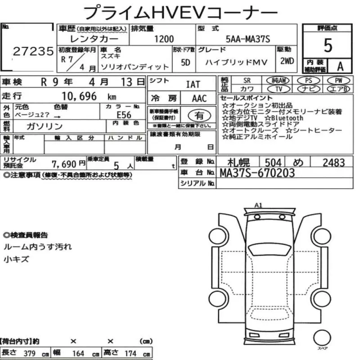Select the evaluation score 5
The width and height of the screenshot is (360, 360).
click(328, 45)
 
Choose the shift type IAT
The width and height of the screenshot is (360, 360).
click(193, 84)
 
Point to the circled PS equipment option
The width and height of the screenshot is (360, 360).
click(308, 80)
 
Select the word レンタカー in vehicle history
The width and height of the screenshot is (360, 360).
click(81, 39)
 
